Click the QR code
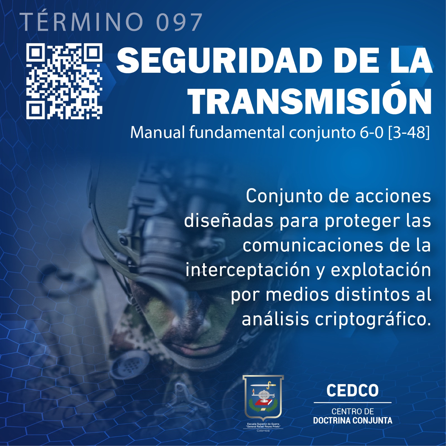pyautogui.click(x=64, y=81)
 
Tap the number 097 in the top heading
pyautogui.click(x=179, y=22)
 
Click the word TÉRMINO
pyautogui.click(x=81, y=22)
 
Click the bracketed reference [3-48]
pyautogui.click(x=409, y=132)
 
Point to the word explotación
pyautogui.click(x=381, y=270)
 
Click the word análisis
pyautogui.click(x=275, y=319)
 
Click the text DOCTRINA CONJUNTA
pyautogui.click(x=353, y=420)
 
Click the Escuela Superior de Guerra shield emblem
pyautogui.click(x=263, y=398)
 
